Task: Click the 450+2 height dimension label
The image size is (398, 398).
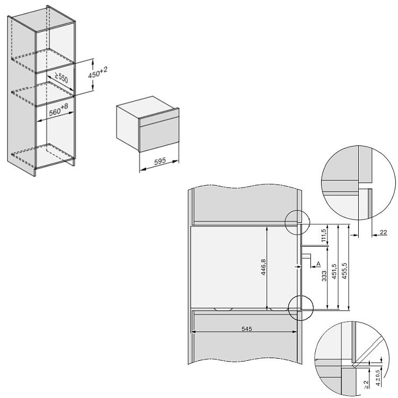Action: tap(98, 73)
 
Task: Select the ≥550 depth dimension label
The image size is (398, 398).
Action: tap(61, 77)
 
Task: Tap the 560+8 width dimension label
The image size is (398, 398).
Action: tap(58, 110)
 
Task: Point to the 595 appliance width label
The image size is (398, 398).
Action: tap(160, 161)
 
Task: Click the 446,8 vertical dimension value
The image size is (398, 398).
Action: tap(263, 267)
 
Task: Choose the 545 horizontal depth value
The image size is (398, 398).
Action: tap(247, 329)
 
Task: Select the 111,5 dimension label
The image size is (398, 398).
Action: tap(323, 236)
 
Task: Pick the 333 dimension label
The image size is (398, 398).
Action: tap(324, 276)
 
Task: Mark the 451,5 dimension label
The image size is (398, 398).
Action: tap(334, 271)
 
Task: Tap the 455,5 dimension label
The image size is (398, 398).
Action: tap(344, 271)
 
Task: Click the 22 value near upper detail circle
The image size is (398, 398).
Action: tap(383, 232)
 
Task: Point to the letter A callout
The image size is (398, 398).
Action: tap(318, 264)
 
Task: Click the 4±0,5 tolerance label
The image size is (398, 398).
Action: tap(378, 378)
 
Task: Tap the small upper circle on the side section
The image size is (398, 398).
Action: tap(298, 222)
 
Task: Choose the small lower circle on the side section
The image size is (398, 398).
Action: tap(301, 308)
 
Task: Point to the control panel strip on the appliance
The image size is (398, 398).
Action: tap(159, 117)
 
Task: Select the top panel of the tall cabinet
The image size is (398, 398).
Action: tap(44, 19)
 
